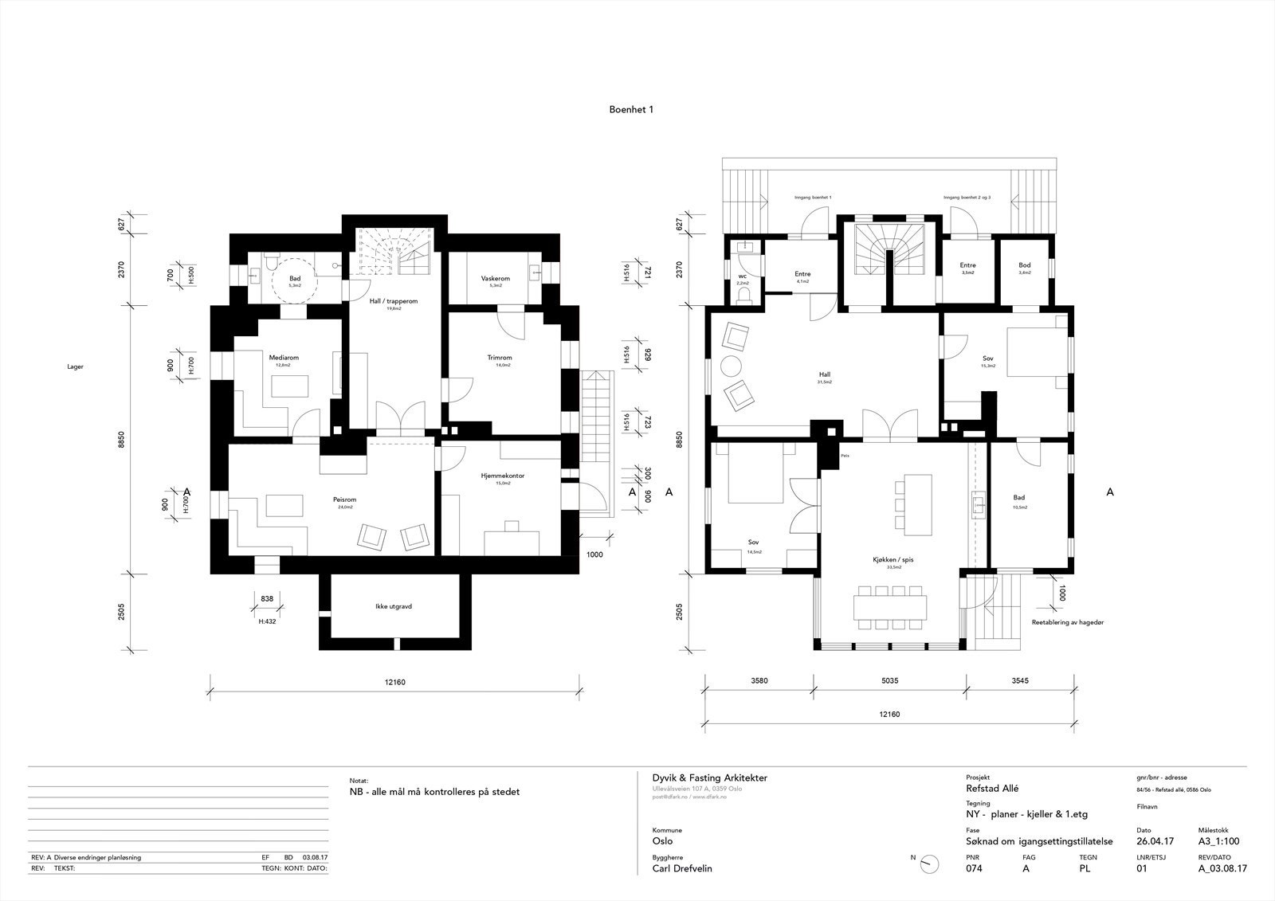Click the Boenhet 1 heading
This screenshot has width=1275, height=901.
pos(631,110)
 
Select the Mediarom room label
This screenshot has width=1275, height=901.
pos(283,358)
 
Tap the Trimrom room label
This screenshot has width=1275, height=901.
pos(499,358)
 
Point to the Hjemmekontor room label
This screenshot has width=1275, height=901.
pos(502,476)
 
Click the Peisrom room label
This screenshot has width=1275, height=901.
pos(344,499)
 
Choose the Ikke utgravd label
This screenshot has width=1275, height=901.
pos(393,606)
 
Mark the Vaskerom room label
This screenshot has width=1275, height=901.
pos(495,279)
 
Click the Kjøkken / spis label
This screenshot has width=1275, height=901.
pos(892,560)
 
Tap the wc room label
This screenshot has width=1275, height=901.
pos(742,276)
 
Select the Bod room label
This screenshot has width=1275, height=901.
pos(1025,265)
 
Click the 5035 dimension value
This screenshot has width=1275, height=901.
pos(889,681)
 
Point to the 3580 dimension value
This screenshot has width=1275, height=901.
pos(760,681)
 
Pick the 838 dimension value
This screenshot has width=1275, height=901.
pos(267,598)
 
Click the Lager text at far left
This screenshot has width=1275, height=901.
pos(76,367)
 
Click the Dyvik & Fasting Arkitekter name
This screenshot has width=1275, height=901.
pos(709,778)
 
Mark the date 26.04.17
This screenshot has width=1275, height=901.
pos(1155,841)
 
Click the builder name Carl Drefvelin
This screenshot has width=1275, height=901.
pos(682,868)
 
